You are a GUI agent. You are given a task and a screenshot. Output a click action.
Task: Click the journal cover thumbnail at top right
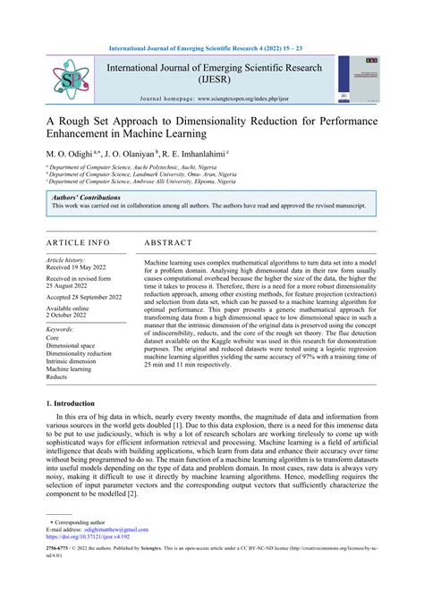coord(356,80)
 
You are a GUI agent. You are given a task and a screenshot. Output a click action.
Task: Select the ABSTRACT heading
coord(168,242)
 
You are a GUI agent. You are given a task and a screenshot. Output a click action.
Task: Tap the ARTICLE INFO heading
coord(77,242)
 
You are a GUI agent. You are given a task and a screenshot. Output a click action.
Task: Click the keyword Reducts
coord(57,377)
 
